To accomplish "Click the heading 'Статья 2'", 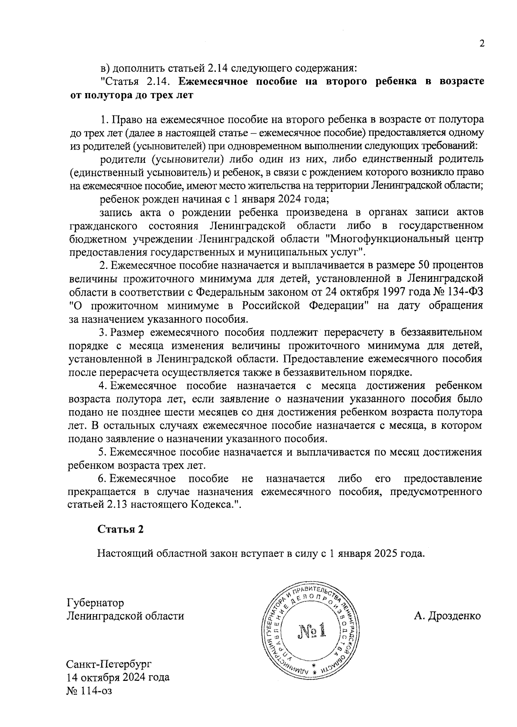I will [120, 529].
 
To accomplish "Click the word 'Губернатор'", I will [95, 602].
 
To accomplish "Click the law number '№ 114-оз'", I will [89, 691].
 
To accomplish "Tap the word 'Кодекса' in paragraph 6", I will [210, 505].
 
